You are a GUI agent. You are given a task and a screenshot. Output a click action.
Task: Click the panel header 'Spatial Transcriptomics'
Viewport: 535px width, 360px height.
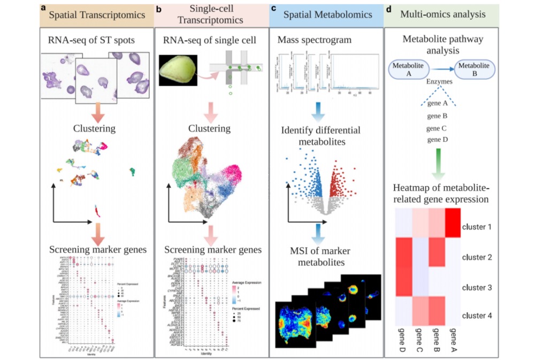click(97, 16)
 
